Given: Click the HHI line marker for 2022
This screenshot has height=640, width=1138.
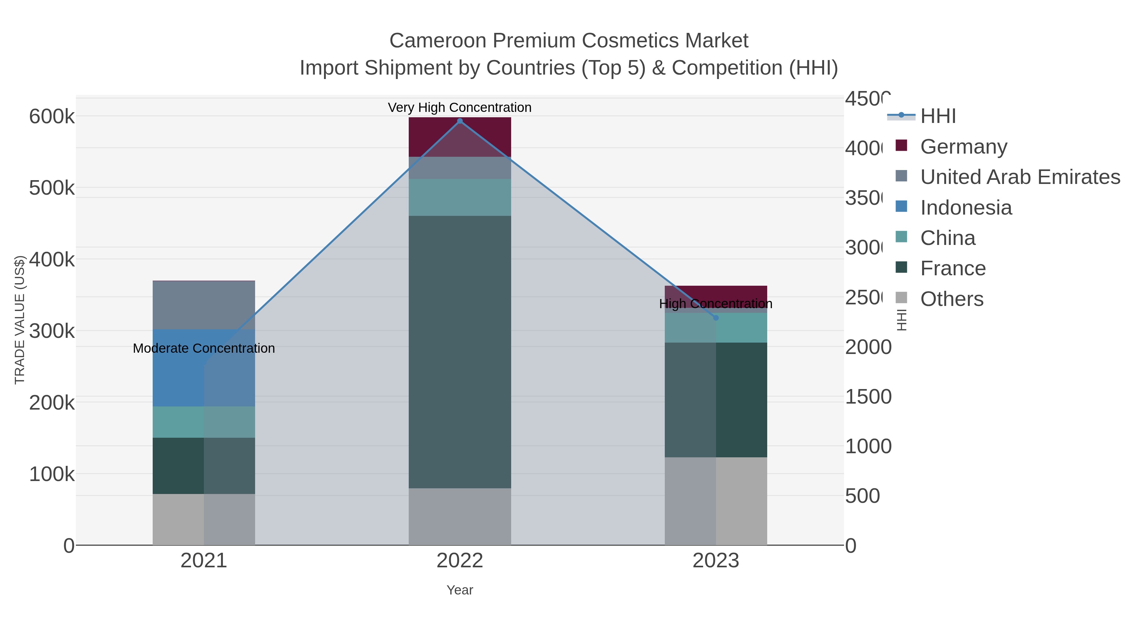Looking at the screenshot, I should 459,121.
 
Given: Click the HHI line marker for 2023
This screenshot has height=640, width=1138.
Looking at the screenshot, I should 716,318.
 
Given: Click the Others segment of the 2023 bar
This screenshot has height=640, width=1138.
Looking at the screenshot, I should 716,501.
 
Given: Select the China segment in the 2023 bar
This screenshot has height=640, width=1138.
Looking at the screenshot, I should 716,328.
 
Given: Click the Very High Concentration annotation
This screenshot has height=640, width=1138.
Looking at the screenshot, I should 459,107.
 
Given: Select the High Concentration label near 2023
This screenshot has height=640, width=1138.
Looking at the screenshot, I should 716,304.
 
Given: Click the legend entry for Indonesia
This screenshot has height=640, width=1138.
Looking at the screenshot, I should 966,208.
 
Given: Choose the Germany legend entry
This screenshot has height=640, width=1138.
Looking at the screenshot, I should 964,147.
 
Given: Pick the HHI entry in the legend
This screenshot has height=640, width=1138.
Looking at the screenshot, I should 938,116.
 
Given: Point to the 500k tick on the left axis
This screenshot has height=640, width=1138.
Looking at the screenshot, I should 52,188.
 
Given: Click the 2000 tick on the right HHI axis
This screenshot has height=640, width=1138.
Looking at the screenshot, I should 868,347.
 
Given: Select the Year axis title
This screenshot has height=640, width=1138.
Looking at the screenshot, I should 459,590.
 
